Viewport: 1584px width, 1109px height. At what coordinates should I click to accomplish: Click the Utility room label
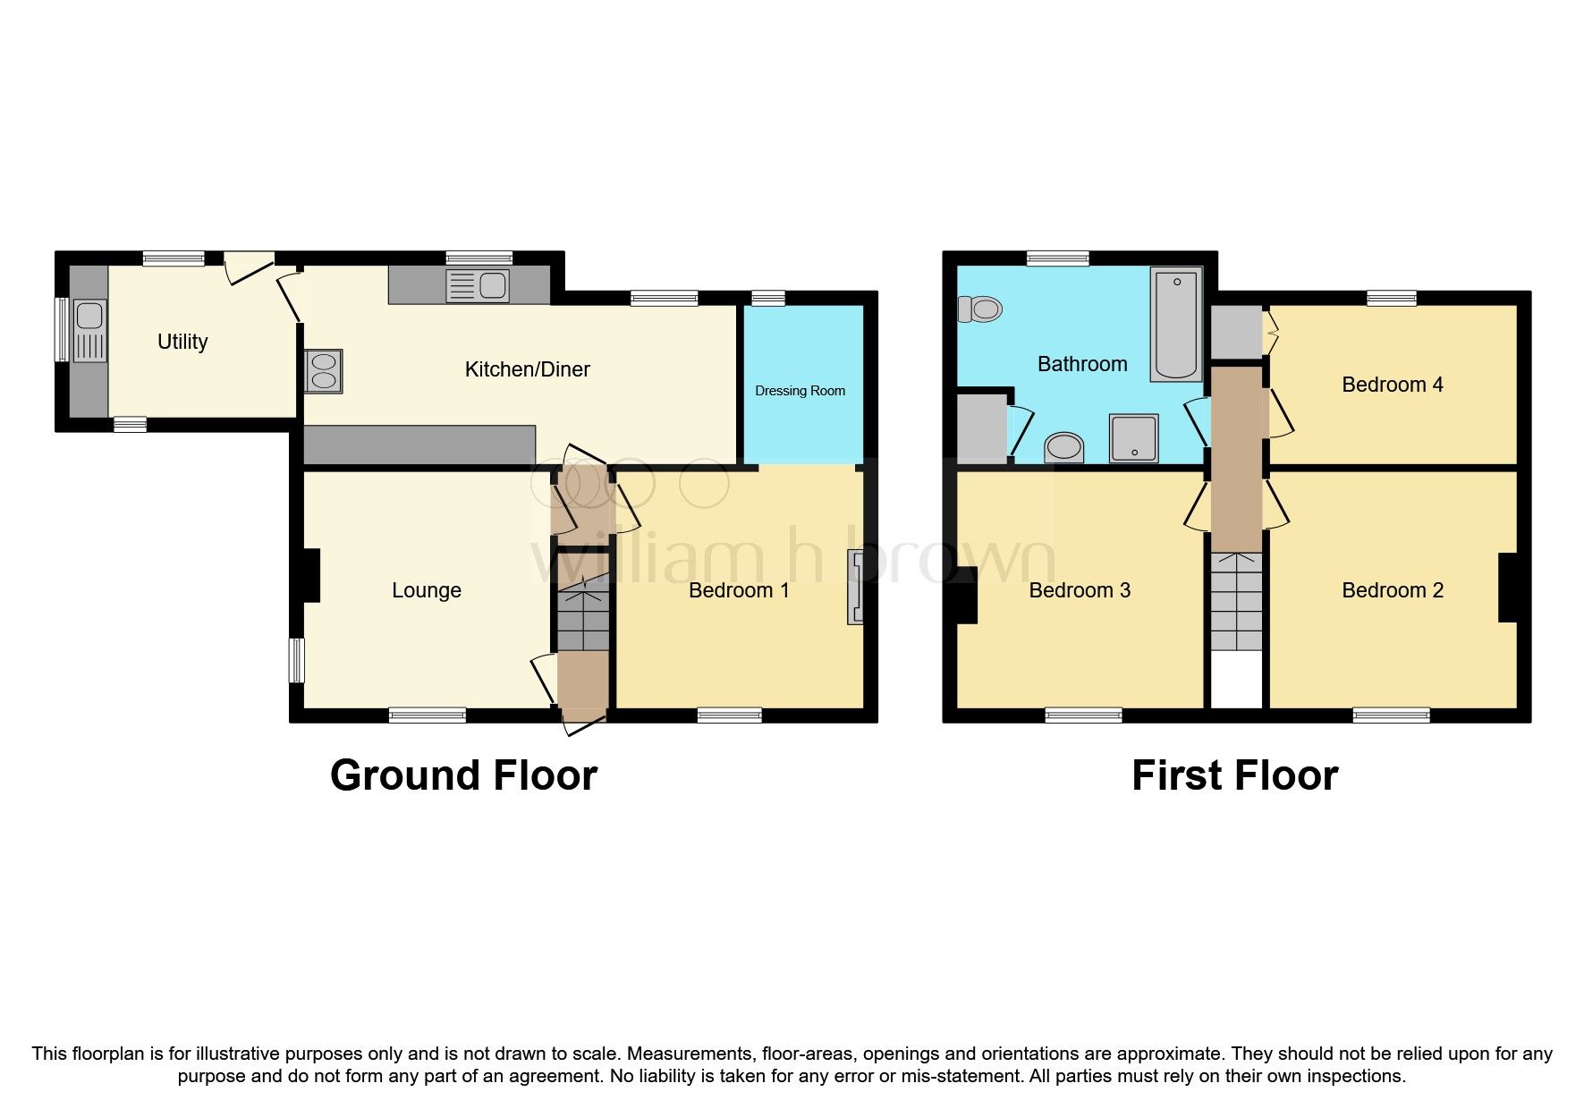182,342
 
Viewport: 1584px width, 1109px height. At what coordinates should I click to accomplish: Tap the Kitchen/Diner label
527,369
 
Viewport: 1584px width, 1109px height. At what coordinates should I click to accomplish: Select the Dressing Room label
800,391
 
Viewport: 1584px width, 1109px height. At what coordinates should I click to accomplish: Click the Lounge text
427,590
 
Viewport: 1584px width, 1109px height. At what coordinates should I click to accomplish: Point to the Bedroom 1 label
739,590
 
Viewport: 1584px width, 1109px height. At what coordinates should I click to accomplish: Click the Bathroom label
1081,364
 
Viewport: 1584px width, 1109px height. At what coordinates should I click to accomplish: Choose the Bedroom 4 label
1392,385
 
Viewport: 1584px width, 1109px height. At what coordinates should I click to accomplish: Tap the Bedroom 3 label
1080,590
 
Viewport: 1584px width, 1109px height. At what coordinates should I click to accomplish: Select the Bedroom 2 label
1392,590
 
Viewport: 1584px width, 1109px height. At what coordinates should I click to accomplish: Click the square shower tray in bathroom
1133,437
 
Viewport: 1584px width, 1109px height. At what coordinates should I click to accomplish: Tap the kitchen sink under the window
478,286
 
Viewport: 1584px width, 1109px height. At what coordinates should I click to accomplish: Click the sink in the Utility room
89,329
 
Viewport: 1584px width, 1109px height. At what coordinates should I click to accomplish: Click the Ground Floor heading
463,775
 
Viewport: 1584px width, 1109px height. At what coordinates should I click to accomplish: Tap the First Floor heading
1234,775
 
